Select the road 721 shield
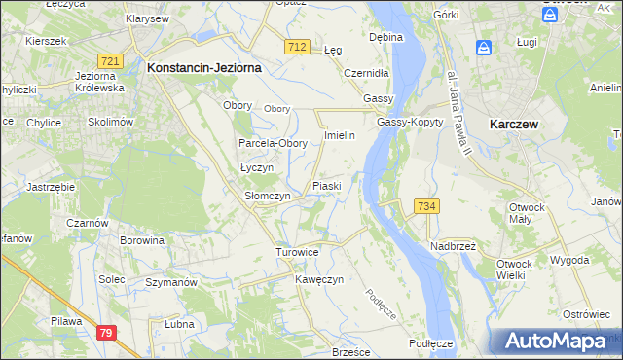pos(110,61)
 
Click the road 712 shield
pos(299,48)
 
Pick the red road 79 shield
pos(106,333)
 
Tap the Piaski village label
pos(325,185)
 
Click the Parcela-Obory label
pos(274,143)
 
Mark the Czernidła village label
pos(367,73)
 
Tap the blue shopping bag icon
pos(484,47)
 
